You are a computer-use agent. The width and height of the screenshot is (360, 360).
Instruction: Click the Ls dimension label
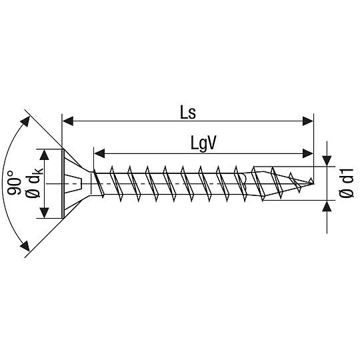coord(187,111)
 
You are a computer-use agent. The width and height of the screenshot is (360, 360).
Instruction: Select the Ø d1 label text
coord(345,183)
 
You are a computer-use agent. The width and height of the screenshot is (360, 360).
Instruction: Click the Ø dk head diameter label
coord(32,183)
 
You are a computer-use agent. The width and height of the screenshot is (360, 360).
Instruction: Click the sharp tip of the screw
coord(313,181)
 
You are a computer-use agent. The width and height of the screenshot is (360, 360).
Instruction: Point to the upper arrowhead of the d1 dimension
coord(327,161)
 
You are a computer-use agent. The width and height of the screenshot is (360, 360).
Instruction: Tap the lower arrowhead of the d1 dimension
coord(327,205)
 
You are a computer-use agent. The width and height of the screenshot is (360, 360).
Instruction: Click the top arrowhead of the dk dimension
coord(45,153)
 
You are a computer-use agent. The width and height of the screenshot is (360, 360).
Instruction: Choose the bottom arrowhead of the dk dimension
coord(45,213)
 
